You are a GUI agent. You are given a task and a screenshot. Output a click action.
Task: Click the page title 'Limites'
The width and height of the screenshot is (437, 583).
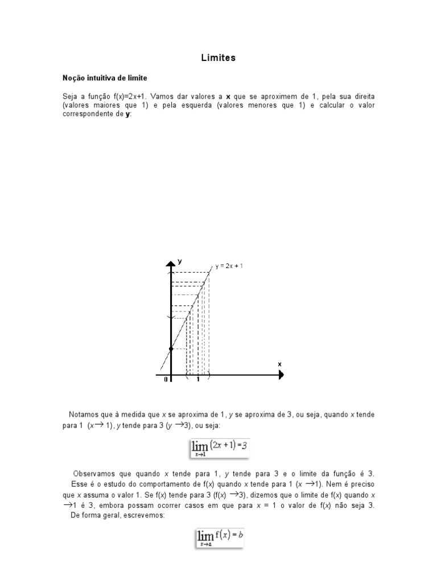coord(218,58)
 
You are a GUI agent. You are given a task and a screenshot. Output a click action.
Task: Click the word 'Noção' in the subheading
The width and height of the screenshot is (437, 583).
coord(73,76)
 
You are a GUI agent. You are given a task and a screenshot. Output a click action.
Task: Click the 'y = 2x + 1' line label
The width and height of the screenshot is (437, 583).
coord(229,266)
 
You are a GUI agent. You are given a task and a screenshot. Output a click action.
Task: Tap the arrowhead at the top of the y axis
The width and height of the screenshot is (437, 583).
coord(170,263)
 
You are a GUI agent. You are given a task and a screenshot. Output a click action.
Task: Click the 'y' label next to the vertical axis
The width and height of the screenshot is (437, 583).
coord(180,261)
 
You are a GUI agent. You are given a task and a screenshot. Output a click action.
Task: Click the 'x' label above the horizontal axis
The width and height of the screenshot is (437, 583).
coord(279,363)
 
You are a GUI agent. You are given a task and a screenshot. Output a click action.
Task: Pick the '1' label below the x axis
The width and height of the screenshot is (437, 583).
coord(198,381)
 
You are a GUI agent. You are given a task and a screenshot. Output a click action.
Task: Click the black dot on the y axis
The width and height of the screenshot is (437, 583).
coord(171,348)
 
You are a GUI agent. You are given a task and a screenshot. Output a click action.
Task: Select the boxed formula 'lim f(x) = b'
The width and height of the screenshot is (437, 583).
coord(219,537)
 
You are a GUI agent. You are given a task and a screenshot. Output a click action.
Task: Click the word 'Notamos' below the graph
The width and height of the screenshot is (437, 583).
coord(84,414)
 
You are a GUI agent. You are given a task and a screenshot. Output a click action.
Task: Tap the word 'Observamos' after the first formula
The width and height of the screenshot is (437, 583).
coord(93,474)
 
